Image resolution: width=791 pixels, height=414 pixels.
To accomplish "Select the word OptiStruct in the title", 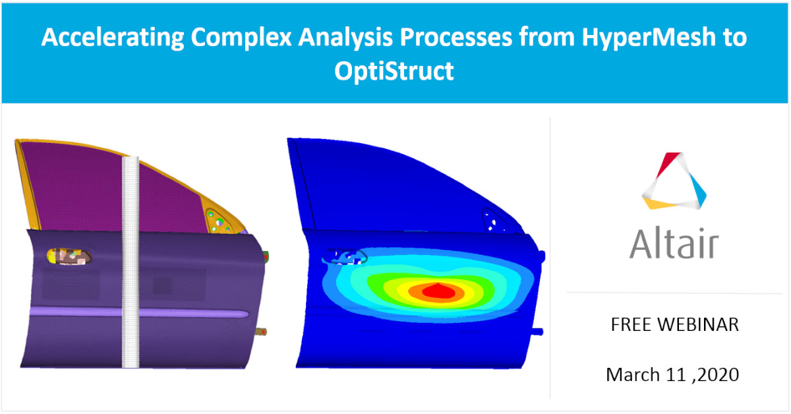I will point(394,71).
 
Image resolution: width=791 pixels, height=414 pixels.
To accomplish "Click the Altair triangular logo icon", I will point(674,181).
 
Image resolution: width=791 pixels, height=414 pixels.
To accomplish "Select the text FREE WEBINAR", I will point(674,324).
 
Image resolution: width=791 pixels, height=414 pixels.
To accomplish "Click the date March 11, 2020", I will point(672,374).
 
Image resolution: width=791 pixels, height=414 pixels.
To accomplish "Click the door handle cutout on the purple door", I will point(69,256).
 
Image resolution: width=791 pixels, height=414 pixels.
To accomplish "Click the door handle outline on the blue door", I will point(343,256).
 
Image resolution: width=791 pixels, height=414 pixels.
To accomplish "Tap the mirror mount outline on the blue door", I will point(494,220).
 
